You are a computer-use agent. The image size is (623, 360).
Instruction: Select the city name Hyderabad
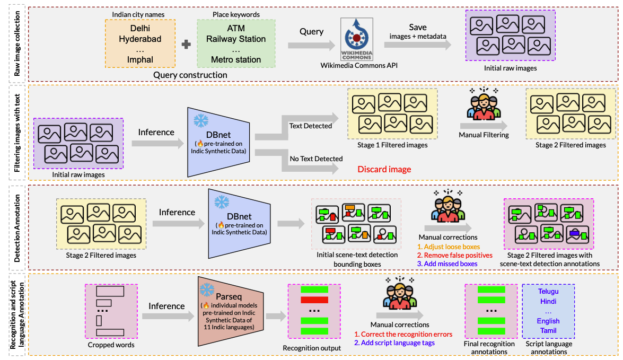click(x=140, y=39)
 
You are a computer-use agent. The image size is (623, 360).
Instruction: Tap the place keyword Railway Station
click(x=236, y=39)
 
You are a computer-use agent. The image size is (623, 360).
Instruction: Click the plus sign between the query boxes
click(x=186, y=45)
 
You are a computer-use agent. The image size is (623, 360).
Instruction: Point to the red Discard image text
click(x=384, y=170)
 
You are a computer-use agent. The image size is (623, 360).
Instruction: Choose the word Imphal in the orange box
click(x=140, y=59)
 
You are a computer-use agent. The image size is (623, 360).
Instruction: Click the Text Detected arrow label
click(x=310, y=126)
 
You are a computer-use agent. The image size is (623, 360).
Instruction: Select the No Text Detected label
click(x=316, y=159)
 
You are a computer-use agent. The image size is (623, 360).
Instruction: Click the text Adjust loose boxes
click(x=448, y=247)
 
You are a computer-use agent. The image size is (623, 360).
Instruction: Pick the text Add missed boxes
click(x=447, y=264)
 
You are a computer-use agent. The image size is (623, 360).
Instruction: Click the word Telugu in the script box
click(x=548, y=291)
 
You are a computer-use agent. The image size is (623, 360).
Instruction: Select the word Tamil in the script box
click(x=548, y=331)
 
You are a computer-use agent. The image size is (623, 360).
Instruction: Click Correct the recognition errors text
click(x=403, y=334)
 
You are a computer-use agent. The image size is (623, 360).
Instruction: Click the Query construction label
click(x=190, y=75)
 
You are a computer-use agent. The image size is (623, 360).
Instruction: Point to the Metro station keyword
click(x=236, y=59)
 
